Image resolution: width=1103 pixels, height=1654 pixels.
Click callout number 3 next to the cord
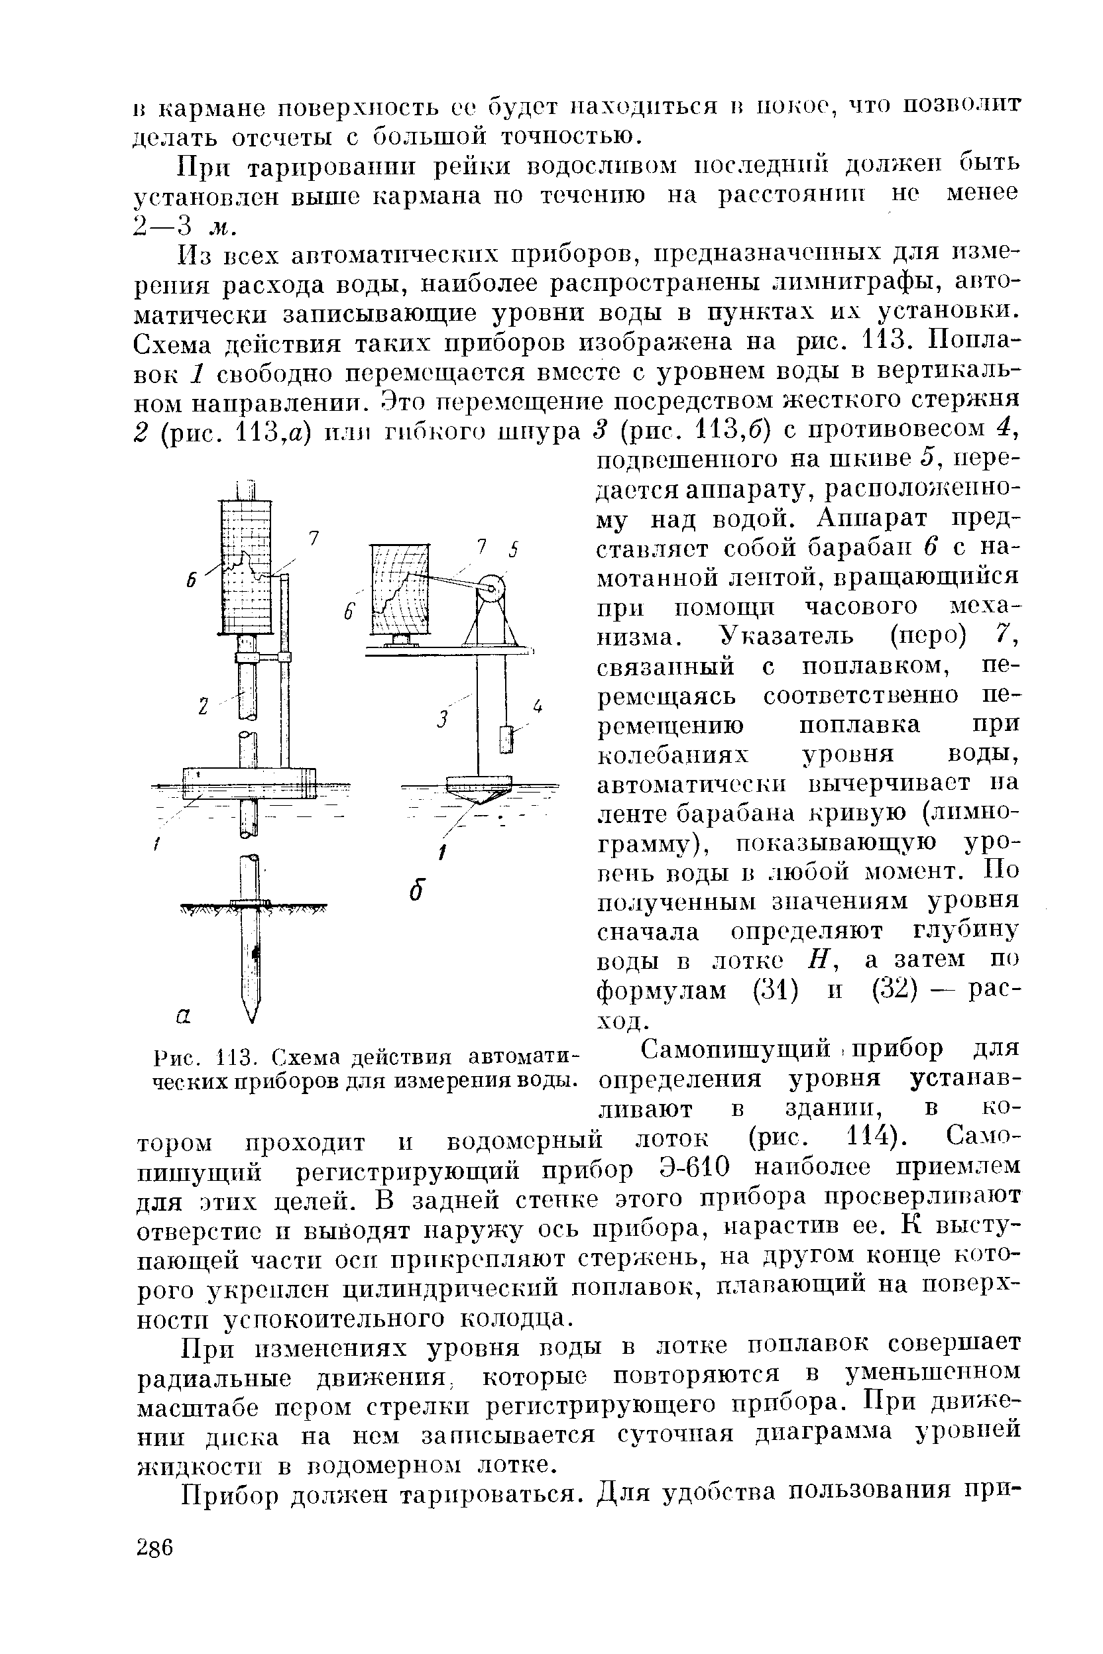pyautogui.click(x=441, y=719)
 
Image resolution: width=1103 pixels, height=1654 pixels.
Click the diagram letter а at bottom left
pyautogui.click(x=182, y=1015)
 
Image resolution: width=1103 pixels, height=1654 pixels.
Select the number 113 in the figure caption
pyautogui.click(x=221, y=1056)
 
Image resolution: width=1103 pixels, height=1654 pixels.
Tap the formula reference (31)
pyautogui.click(x=775, y=989)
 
